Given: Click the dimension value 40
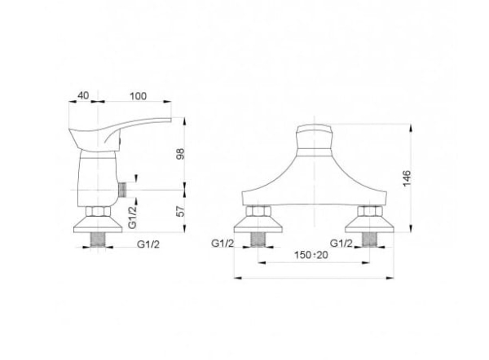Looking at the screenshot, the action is coord(83,95).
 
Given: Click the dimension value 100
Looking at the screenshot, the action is coord(138,96).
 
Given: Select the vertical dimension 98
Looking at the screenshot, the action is coord(181,154).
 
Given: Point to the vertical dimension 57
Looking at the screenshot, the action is coord(181,211).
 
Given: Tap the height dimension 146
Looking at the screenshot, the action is coord(407,178).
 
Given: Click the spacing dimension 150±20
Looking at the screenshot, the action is coord(311,255).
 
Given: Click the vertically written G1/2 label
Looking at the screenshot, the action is coord(133,217).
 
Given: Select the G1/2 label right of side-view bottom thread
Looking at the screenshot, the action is coord(148,244).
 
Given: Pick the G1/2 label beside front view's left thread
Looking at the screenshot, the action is coord(222,243).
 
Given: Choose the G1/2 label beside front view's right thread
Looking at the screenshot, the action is coord(341,243).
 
